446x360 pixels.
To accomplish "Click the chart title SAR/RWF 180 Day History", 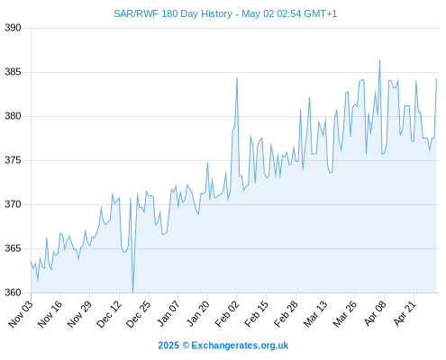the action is tap(173, 13).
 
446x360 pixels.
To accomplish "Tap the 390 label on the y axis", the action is tap(13, 28).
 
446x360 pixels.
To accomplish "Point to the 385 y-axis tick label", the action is tap(13, 72).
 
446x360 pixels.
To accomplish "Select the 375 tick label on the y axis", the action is tap(13, 160).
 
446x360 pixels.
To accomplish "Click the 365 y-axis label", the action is tap(13, 248).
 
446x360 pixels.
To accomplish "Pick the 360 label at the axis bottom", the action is tap(13, 292).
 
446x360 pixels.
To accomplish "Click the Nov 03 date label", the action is tap(20, 314).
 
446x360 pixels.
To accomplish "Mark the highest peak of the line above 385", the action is tap(379, 60).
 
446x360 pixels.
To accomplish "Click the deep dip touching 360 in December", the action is tap(132, 292).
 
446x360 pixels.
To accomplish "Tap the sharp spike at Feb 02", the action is tap(237, 77).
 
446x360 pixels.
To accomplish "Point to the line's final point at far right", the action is tap(436, 79).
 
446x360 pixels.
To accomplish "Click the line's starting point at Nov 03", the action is tap(31, 262).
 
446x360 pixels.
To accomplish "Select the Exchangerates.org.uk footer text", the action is tap(240, 346).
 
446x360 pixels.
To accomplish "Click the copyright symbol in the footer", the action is tap(186, 346).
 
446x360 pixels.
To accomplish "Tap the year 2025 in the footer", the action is tap(168, 346).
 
